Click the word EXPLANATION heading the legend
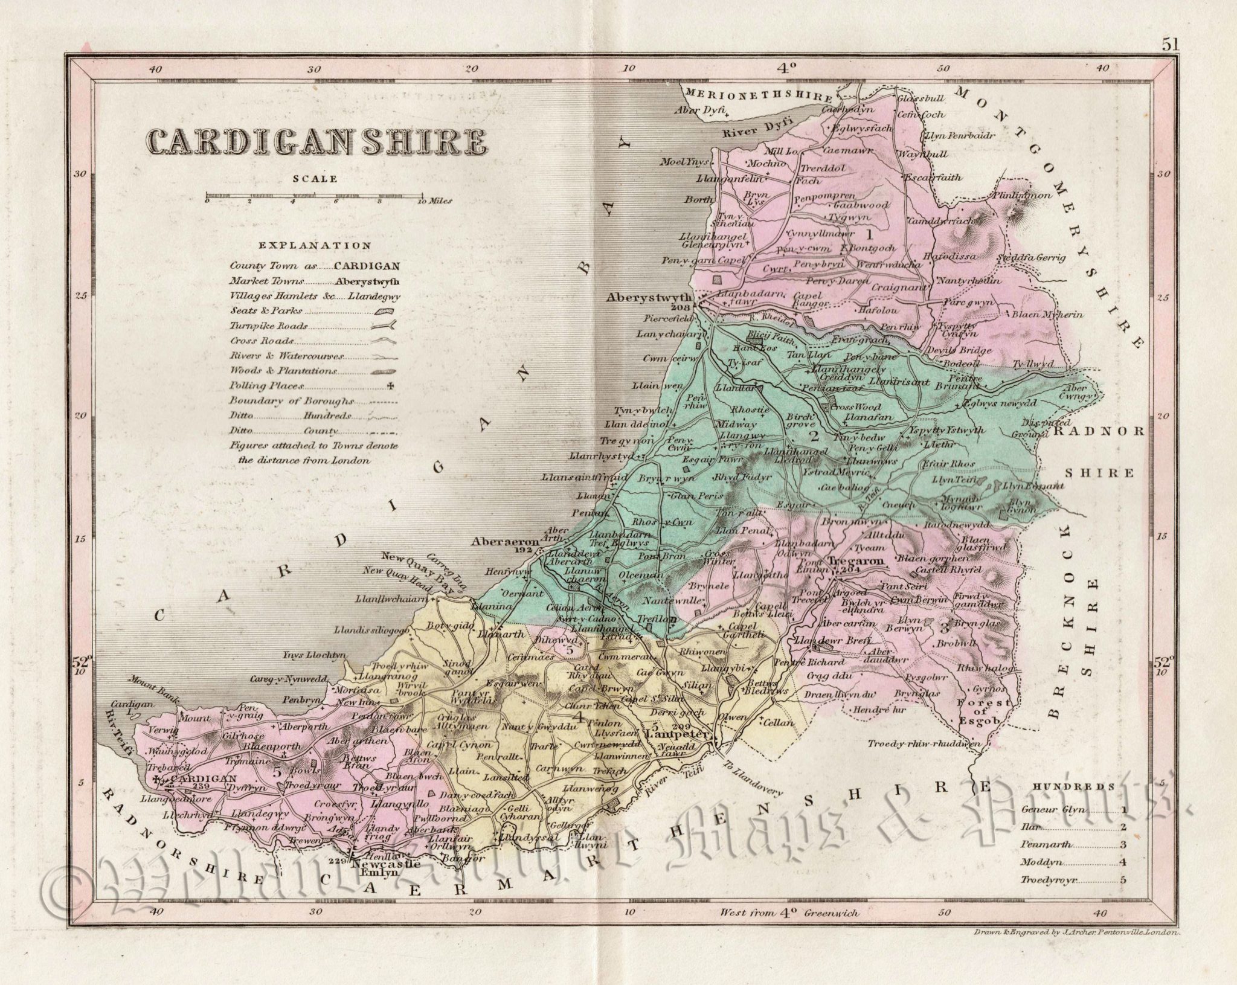[315, 246]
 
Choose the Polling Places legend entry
[266, 385]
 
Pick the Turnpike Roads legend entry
[269, 326]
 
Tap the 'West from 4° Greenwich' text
[790, 912]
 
